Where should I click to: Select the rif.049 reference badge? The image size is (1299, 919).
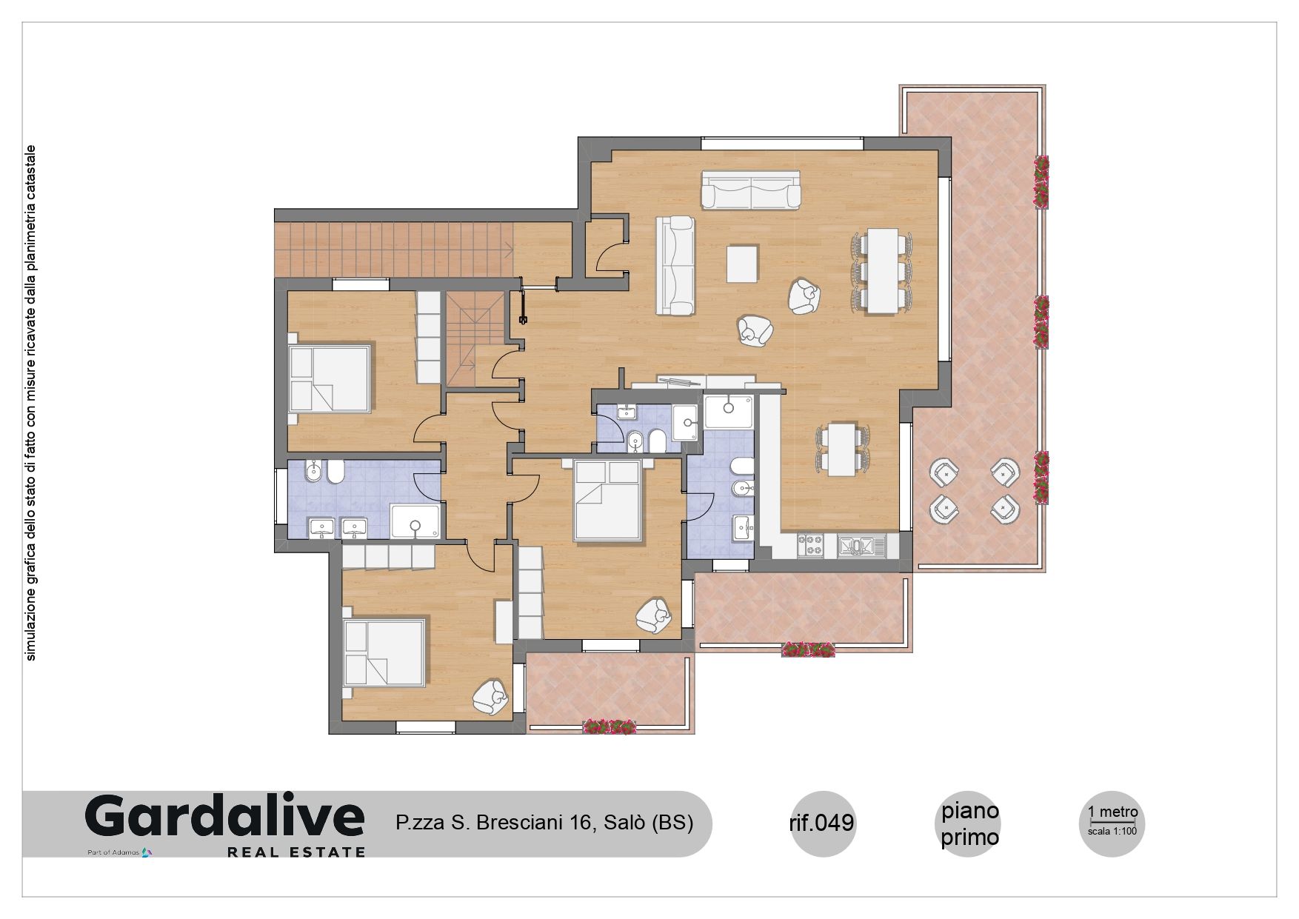pyautogui.click(x=823, y=823)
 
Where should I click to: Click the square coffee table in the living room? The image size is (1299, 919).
pyautogui.click(x=743, y=264)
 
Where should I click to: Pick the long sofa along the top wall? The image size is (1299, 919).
pyautogui.click(x=751, y=190)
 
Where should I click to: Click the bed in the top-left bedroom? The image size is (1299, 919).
pyautogui.click(x=329, y=378)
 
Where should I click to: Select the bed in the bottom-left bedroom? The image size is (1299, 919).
pyautogui.click(x=385, y=652)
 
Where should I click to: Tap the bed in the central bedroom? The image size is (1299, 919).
pyautogui.click(x=607, y=499)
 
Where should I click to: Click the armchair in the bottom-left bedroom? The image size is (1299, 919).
pyautogui.click(x=490, y=697)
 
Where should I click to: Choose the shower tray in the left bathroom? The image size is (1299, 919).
pyautogui.click(x=415, y=521)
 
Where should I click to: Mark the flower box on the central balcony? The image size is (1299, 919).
pyautogui.click(x=809, y=650)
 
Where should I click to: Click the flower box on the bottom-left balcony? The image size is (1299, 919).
pyautogui.click(x=610, y=726)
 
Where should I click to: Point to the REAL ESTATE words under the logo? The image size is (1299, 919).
pyautogui.click(x=296, y=852)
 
